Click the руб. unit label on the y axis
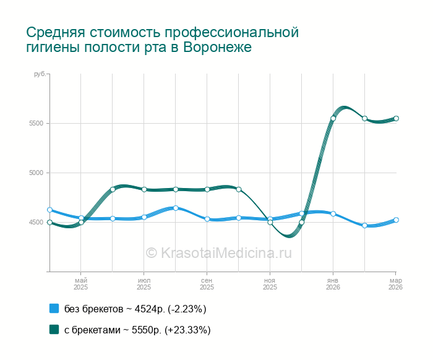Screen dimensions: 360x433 click(39, 74)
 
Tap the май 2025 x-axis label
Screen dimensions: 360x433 click(81, 284)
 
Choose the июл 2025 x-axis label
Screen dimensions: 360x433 click(144, 284)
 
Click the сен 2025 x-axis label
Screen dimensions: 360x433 click(207, 284)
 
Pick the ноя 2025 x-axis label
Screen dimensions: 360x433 click(270, 284)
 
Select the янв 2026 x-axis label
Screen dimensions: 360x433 click(333, 284)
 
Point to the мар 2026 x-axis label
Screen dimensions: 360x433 click(395, 284)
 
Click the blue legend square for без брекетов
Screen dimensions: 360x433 click(54, 308)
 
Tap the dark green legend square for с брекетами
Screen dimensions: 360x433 click(54, 330)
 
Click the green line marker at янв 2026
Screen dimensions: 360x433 click(333, 118)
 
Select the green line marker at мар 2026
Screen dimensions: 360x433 click(396, 118)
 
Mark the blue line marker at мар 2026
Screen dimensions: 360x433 click(396, 220)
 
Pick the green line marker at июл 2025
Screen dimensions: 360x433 click(144, 189)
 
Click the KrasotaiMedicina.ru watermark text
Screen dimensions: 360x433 click(218, 252)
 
